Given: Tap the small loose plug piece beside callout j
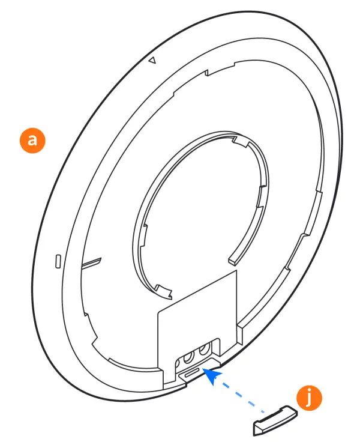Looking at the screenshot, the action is pos(273,420).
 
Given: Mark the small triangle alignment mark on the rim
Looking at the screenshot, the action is pos(152,60).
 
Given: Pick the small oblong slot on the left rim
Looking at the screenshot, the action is pos(58,262).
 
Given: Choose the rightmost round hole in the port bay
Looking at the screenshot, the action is pos(205,350).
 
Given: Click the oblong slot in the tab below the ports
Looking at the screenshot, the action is pos(191,374).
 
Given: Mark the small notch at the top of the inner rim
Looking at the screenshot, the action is pos(207,73).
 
